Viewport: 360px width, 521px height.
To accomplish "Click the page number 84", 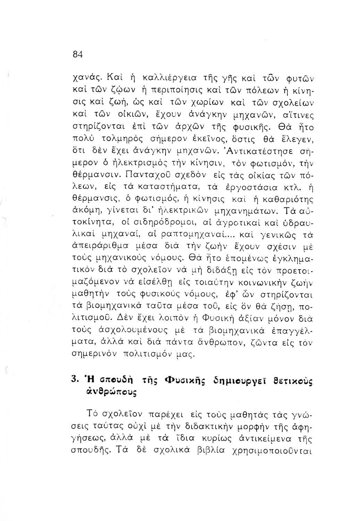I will point(77,55).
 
